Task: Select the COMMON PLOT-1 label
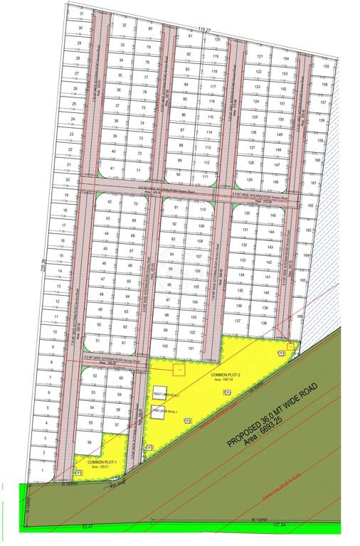tap(102, 462)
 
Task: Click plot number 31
tap(82, 14)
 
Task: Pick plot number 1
tap(43, 470)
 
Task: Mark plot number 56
tap(89, 441)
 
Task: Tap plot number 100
tap(164, 346)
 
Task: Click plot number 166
tap(300, 317)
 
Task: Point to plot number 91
tap(176, 208)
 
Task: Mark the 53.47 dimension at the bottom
tap(88, 527)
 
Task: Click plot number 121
tap(260, 57)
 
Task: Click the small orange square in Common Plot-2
tap(179, 370)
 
